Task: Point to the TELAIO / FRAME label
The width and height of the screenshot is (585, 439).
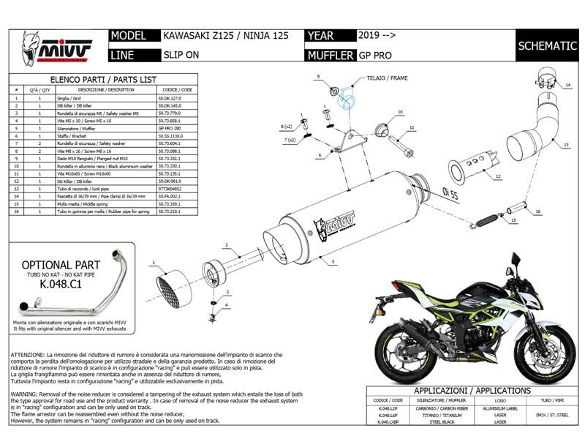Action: click(x=388, y=78)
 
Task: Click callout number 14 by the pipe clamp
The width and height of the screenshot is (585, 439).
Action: click(x=567, y=86)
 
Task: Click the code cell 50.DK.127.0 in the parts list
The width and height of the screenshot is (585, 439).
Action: click(x=170, y=97)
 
